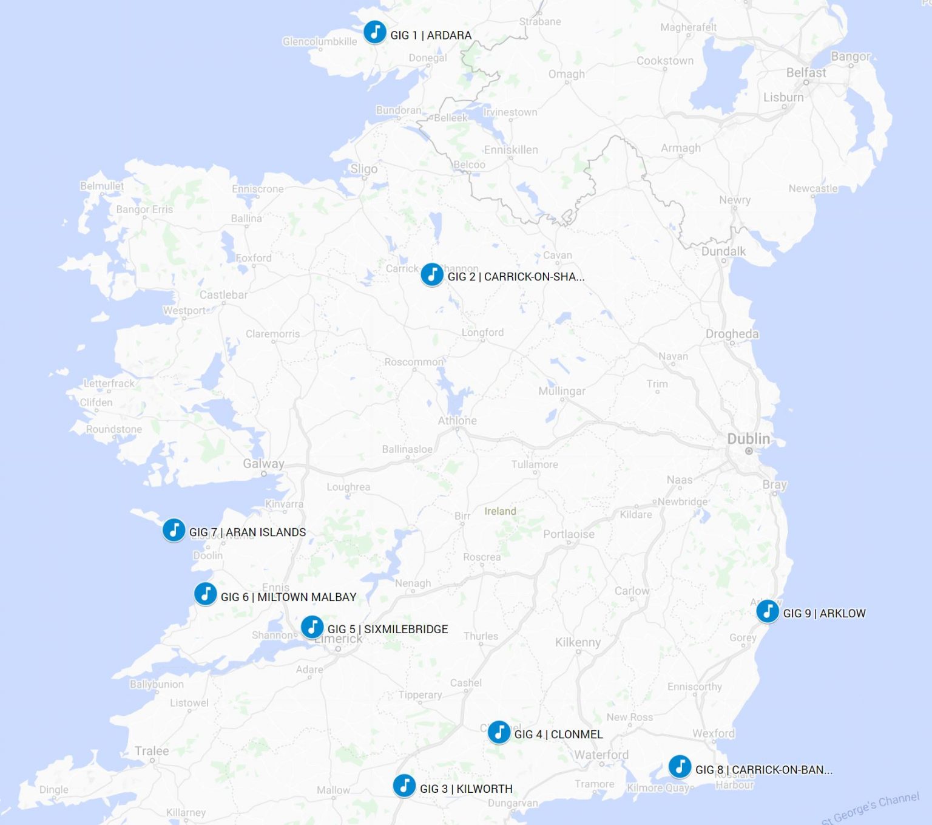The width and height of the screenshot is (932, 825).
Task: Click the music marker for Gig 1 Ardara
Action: pos(374,32)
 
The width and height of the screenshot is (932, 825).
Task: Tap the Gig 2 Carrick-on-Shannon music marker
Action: pos(431,274)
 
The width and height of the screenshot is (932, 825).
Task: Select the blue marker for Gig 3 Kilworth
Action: pos(404,786)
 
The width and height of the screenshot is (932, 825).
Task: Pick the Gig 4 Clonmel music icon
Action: pos(499,732)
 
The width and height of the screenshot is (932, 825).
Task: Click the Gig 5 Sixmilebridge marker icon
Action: pos(312,626)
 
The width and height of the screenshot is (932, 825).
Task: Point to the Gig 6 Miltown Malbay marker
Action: pos(205,594)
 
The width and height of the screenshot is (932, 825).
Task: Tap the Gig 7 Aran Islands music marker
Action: pos(174,530)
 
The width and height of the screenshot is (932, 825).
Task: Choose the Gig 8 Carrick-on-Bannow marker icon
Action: pos(680,767)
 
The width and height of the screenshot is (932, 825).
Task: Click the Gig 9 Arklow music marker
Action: pos(768,611)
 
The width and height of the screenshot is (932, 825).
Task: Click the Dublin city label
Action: pos(748,439)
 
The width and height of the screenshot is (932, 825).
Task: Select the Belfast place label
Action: pos(806,73)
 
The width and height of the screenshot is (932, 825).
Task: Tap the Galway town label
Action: pos(263,464)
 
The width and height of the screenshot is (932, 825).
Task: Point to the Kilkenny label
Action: pos(578,642)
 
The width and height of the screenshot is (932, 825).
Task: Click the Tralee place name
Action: pos(152,751)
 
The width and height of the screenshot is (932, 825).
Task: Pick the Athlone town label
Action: pos(457,421)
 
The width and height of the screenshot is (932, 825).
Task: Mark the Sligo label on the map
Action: pos(363,169)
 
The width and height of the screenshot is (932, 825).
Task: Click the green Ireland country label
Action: pos(500,511)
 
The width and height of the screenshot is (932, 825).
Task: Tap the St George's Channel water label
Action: pos(870,808)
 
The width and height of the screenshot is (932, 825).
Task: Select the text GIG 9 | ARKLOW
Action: pos(824,614)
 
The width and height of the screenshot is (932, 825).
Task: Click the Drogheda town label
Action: pos(732,334)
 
